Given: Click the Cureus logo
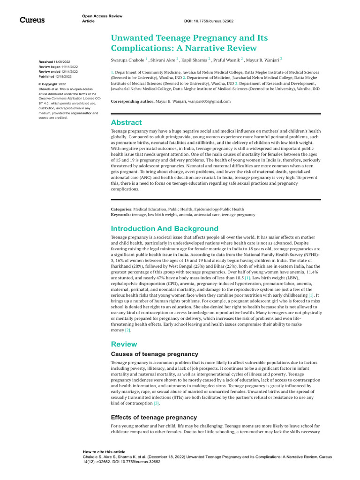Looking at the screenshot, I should (32, 20).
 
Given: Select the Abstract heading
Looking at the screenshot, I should (126, 122).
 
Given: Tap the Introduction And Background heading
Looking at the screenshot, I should (165, 229).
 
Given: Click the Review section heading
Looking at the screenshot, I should (124, 344).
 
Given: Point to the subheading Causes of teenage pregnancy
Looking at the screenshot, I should (154, 354).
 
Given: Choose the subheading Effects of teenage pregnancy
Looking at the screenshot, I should (154, 417).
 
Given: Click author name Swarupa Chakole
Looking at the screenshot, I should (127, 60).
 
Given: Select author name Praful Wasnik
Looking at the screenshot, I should (226, 60).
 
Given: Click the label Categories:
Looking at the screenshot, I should (121, 209).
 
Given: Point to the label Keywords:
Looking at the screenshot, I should (121, 215).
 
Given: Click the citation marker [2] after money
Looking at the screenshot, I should (127, 330).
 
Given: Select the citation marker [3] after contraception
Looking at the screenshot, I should (157, 403).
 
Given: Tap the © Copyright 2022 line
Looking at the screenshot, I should (52, 84).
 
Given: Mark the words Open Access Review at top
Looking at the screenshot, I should (102, 16).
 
